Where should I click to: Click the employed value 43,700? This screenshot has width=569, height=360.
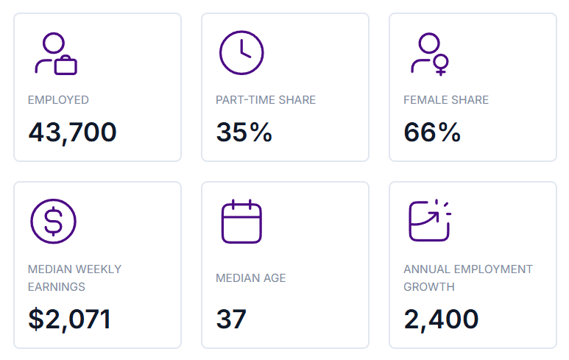tap(73, 133)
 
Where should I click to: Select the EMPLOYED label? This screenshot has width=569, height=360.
tap(58, 100)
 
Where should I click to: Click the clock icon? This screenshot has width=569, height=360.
tap(241, 52)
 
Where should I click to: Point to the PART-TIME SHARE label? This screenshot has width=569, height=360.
tap(266, 100)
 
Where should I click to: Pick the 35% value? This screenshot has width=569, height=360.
tap(244, 132)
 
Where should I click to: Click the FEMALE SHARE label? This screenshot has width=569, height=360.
tap(446, 100)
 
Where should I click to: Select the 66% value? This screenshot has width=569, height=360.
tap(432, 132)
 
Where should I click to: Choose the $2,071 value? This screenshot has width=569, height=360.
tap(69, 320)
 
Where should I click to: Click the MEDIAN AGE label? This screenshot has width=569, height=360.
tap(251, 278)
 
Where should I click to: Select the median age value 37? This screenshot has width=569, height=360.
tap(231, 320)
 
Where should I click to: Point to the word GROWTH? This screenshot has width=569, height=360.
tap(429, 286)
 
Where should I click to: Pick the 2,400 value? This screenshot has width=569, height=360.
tap(441, 320)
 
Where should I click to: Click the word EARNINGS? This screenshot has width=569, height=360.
tap(56, 286)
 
